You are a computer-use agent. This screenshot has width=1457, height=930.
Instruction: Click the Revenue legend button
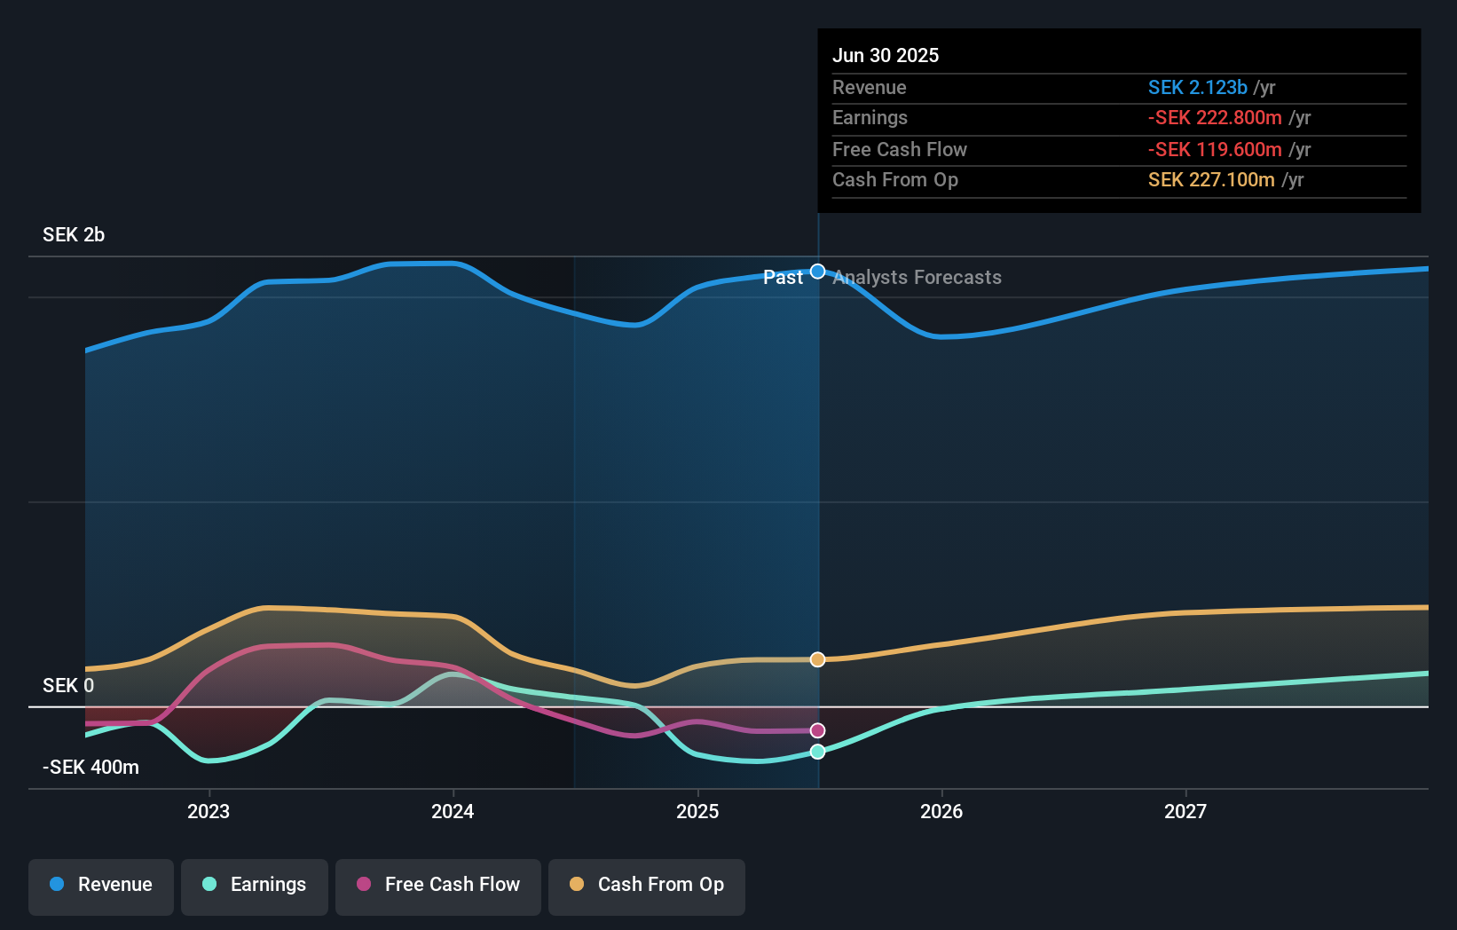[x=101, y=885]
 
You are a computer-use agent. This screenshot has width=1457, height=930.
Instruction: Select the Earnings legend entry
[x=255, y=885]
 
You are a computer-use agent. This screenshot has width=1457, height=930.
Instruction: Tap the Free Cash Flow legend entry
[x=438, y=885]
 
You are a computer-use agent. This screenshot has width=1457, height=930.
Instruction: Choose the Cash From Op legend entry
[x=647, y=885]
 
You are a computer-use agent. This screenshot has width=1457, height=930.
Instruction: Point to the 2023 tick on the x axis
[x=209, y=811]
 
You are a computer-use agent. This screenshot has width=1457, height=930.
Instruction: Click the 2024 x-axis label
[x=453, y=811]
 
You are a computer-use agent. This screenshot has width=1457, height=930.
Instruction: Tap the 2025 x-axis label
[x=697, y=811]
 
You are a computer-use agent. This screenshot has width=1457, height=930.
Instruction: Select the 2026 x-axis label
[x=941, y=811]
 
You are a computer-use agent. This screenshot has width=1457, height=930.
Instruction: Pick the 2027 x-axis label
[x=1185, y=811]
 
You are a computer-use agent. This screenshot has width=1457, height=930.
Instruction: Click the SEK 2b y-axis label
[x=74, y=235]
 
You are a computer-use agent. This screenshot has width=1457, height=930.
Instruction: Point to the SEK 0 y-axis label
[x=68, y=686]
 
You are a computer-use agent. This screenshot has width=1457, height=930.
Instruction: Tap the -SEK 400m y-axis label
[x=91, y=768]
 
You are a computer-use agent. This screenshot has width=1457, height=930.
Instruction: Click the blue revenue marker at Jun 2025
[x=818, y=272]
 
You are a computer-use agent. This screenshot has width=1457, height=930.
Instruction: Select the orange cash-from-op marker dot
[x=818, y=659]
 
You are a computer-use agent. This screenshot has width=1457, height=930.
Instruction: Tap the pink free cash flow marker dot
[x=818, y=730]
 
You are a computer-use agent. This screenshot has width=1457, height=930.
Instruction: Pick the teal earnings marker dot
[x=818, y=752]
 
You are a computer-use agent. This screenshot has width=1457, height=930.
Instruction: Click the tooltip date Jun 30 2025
[x=886, y=55]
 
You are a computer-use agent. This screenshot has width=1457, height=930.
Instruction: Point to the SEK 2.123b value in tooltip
[x=1198, y=87]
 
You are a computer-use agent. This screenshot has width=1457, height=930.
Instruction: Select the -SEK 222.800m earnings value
[x=1215, y=118]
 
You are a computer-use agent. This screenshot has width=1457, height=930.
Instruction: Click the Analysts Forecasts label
[x=917, y=278]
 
